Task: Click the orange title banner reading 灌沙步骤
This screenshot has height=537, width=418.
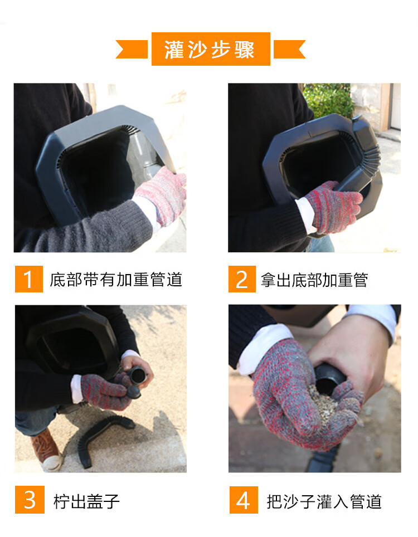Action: pos(211,49)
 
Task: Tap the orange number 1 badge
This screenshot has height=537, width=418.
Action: pos(29,279)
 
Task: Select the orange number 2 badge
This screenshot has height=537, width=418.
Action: pos(242,279)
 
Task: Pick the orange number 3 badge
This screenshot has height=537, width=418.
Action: pos(30,500)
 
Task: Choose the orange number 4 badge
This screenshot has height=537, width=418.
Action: pos(244,500)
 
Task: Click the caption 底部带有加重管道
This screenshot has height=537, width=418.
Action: pos(116,280)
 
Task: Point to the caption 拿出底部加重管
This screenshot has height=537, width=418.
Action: pos(314,280)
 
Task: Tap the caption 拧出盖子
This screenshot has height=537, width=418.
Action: pos(86,501)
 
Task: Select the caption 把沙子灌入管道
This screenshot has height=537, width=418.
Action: pos(324,501)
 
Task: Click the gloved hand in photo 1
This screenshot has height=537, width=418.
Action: pos(162,195)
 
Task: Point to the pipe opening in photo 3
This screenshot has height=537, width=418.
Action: pos(139,376)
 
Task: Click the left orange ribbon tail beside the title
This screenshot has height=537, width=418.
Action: pos(132,49)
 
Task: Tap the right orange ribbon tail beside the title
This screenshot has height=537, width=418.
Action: pos(289,49)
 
